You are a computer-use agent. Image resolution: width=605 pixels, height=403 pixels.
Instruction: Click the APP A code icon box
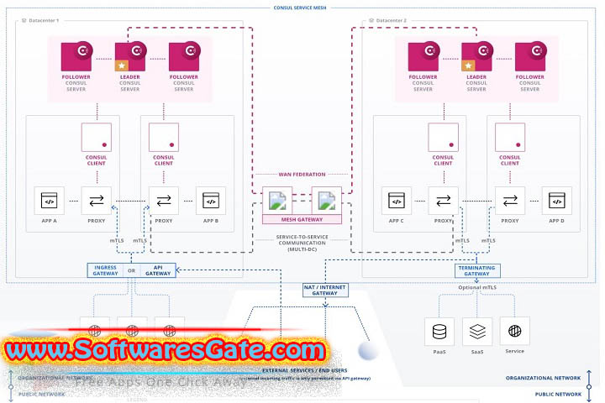click(48, 201)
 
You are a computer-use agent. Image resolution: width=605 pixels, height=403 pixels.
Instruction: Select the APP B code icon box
click(211, 201)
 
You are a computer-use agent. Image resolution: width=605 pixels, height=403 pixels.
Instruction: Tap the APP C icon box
click(395, 201)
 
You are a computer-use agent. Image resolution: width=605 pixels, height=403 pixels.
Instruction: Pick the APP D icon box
click(556, 201)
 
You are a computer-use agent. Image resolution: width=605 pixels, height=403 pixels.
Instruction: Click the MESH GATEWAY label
click(302, 220)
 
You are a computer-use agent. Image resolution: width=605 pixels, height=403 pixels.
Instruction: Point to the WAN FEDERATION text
click(302, 175)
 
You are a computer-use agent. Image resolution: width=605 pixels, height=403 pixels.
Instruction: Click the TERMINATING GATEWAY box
click(477, 271)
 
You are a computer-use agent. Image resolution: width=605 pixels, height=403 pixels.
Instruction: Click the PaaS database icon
click(439, 332)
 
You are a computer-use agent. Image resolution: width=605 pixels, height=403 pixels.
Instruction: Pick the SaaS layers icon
click(477, 332)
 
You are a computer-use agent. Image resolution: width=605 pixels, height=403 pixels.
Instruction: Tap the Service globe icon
click(515, 332)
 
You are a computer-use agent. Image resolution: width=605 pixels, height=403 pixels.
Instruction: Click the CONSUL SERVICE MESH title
click(301, 7)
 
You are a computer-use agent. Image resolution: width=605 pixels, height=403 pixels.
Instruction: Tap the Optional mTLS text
click(477, 288)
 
